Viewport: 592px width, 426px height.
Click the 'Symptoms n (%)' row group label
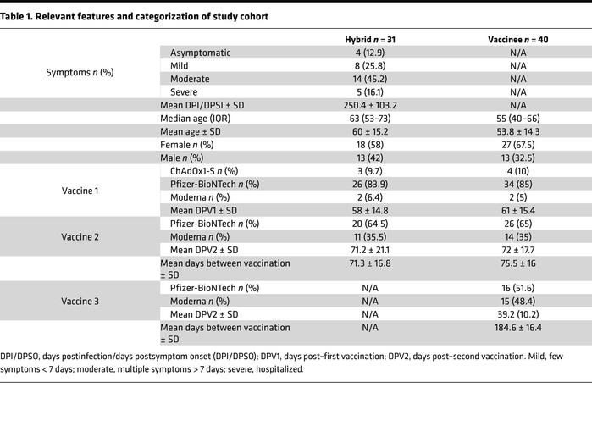(80, 72)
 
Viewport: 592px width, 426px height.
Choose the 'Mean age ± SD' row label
(192, 131)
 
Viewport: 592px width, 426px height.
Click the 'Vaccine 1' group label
(80, 191)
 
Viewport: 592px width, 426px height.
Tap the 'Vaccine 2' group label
(80, 237)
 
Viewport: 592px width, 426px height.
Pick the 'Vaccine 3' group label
(80, 302)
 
